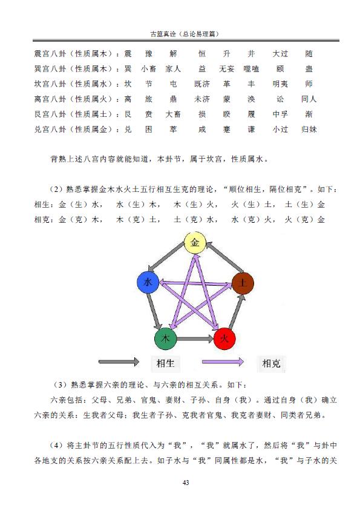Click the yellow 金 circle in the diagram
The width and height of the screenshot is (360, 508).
click(195, 243)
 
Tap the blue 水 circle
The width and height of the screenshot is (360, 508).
click(148, 283)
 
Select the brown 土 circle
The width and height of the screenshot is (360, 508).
click(243, 283)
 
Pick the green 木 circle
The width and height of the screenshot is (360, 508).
click(165, 339)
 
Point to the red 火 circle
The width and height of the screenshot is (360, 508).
click(224, 339)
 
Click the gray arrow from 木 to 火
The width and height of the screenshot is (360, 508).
click(195, 339)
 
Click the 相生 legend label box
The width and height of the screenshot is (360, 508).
click(165, 363)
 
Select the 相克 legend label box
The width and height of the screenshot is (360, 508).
click(271, 363)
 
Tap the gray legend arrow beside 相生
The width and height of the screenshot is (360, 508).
click(119, 361)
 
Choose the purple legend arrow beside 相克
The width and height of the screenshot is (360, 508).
click(223, 361)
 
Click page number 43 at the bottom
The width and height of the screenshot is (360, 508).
click(186, 483)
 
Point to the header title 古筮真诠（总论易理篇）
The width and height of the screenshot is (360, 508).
click(185, 34)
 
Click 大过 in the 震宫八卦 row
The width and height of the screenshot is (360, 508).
click(280, 54)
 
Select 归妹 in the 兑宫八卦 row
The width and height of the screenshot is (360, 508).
click(309, 129)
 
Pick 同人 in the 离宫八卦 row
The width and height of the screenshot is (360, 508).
click(309, 99)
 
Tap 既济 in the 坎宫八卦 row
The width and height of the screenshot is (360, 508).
click(202, 84)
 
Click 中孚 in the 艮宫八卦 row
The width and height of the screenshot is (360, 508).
click(280, 114)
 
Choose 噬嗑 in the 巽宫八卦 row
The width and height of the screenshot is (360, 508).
click(251, 68)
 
